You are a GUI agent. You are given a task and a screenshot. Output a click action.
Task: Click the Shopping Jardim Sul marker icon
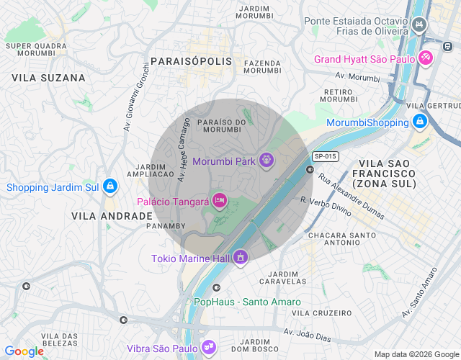pyautogui.click(x=109, y=187)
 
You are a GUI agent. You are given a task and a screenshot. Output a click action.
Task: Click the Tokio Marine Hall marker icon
pyautogui.click(x=240, y=257)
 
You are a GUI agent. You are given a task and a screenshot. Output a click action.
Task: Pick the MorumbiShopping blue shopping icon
pyautogui.click(x=419, y=122)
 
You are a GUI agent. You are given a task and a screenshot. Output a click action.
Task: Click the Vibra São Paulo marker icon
pyautogui.click(x=209, y=348)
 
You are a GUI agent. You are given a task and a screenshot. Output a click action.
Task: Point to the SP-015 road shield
pyautogui.click(x=326, y=156)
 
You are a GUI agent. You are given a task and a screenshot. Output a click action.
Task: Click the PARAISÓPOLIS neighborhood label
pyautogui.click(x=192, y=61)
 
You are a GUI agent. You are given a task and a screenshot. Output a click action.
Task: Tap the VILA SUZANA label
pyautogui.click(x=49, y=77)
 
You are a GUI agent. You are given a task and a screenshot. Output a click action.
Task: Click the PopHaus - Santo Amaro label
pyautogui.click(x=247, y=302)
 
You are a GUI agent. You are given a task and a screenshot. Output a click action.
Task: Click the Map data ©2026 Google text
pyautogui.click(x=416, y=354)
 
